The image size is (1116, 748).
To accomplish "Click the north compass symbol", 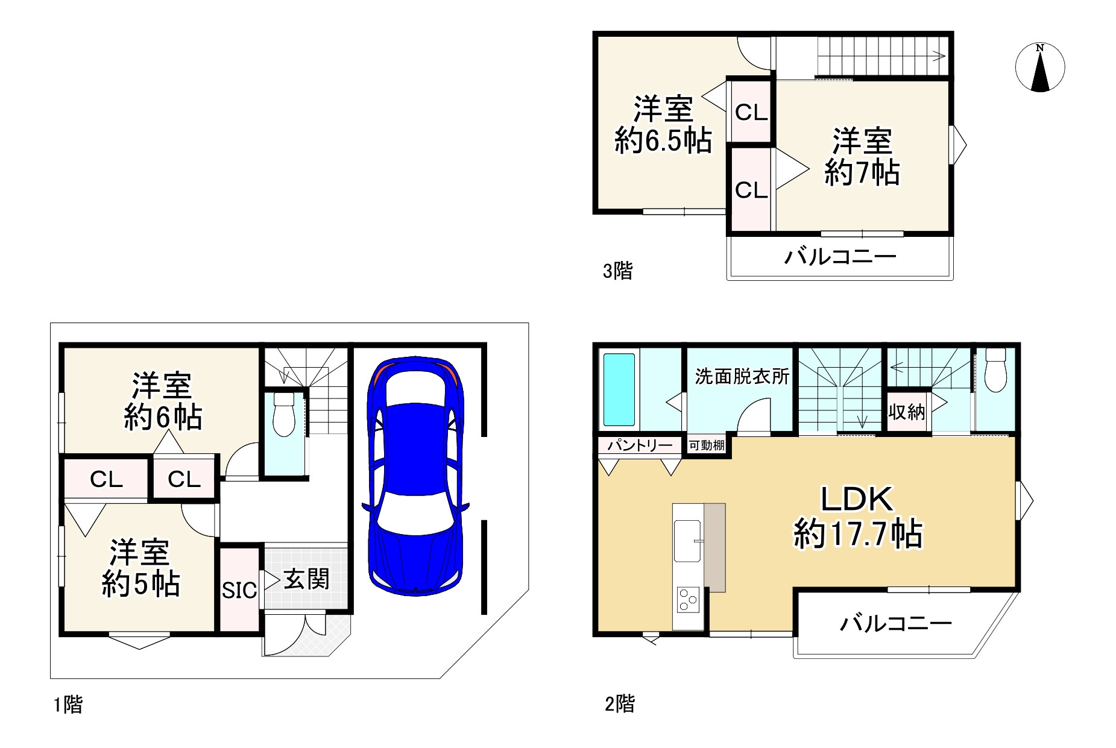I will point(1039,68).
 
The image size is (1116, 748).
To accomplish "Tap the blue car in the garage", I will point(415,476).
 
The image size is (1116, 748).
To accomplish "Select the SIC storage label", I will point(239,590).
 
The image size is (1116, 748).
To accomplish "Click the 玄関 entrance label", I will point(306,580).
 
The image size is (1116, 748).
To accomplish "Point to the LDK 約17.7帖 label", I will point(857,517).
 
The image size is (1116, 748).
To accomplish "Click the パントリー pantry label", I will point(640,445).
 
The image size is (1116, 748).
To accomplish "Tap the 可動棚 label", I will point(707,445).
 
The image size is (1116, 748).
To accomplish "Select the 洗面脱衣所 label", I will point(742,377).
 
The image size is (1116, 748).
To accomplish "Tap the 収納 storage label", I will point(906,412).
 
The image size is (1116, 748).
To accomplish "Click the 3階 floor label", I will point(617,271).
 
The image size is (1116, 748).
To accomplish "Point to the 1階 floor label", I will point(68,704).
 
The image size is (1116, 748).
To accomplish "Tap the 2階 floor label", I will point(620,703).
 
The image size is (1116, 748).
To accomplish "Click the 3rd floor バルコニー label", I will point(840,257).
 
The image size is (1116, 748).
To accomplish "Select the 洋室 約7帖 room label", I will point(862,157).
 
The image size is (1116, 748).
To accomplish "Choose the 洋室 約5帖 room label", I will point(140,568).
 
